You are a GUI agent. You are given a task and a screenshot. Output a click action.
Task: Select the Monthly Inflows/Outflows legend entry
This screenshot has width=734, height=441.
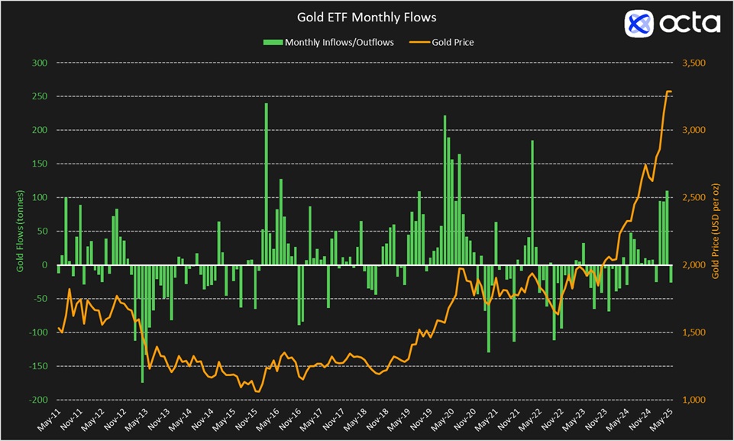click(328, 42)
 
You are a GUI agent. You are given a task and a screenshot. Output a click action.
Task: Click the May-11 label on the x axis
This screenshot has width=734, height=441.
click(48, 422)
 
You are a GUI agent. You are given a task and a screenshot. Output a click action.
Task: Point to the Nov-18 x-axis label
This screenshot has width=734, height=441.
click(377, 422)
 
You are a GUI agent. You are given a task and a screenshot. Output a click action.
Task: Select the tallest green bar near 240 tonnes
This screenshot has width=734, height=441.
click(267, 183)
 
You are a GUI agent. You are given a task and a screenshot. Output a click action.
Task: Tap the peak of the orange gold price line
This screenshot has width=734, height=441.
click(668, 92)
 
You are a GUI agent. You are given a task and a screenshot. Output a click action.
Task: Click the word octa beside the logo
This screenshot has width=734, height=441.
click(690, 24)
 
